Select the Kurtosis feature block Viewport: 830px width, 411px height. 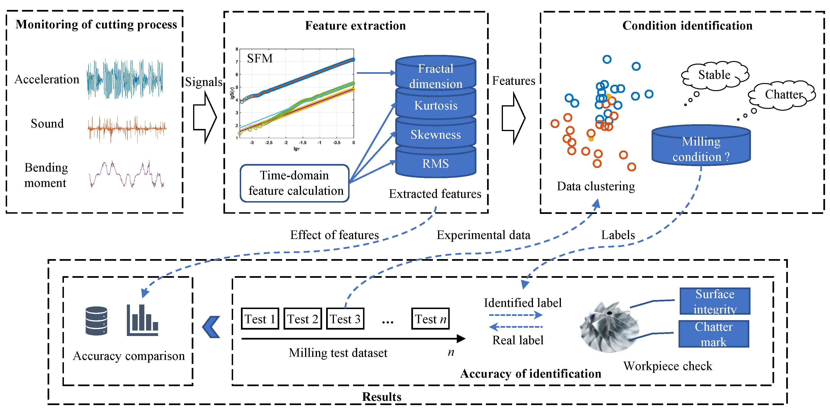pyautogui.click(x=436, y=105)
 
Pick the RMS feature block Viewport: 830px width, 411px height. pyautogui.click(x=436, y=163)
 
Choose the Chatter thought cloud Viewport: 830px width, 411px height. pyautogui.click(x=783, y=94)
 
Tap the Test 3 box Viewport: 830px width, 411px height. pyautogui.click(x=345, y=318)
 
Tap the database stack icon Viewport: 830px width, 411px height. pyautogui.click(x=96, y=321)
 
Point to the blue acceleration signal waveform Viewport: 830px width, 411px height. pyautogui.click(x=125, y=79)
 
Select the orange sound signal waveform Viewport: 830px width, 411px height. pyautogui.click(x=127, y=128)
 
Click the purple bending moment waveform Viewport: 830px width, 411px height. pyautogui.click(x=126, y=175)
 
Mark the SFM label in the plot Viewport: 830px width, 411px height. pyautogui.click(x=260, y=59)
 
